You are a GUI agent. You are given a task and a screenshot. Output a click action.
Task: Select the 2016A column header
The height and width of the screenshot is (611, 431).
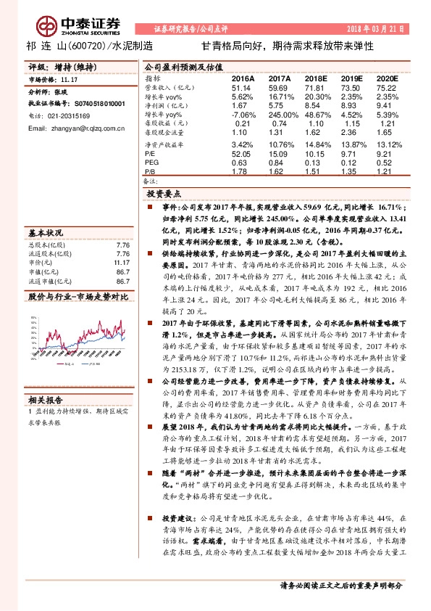click(243, 77)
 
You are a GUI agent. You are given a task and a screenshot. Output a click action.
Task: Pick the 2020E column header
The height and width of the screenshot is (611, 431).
click(388, 77)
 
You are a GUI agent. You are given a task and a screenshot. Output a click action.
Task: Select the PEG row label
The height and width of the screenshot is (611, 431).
click(151, 163)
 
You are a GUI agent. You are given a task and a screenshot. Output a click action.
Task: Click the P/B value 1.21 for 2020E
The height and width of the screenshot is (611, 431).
click(388, 171)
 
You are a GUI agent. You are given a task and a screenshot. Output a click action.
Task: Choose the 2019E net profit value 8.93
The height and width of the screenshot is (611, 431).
click(351, 105)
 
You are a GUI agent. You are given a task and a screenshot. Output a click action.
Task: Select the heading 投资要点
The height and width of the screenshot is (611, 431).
click(163, 194)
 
